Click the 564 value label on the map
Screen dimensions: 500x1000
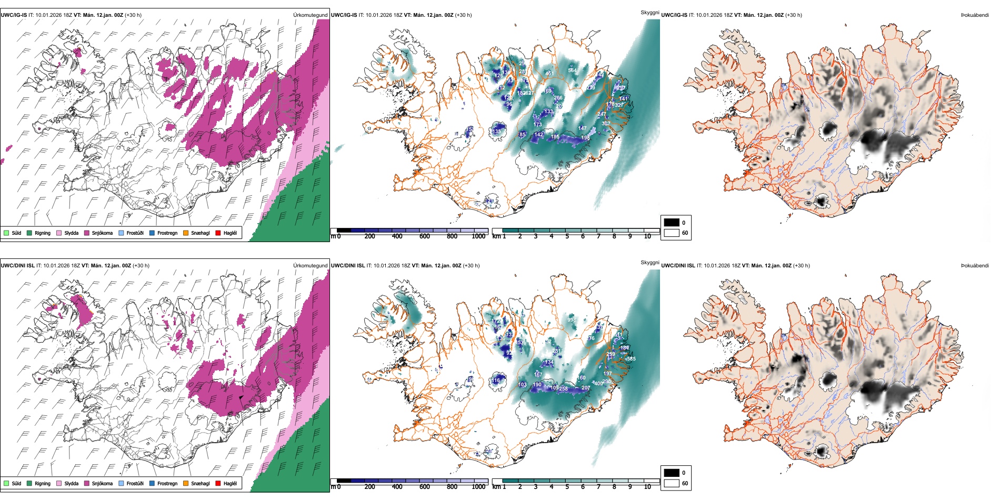572,71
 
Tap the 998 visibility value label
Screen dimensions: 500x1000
572,319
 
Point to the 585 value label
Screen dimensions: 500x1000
631,359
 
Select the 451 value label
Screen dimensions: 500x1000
549,74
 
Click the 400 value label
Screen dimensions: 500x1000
598,384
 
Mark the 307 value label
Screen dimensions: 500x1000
606,124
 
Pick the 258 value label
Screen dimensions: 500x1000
563,389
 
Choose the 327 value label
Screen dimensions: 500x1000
619,105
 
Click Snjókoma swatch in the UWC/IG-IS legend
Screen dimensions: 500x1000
87,233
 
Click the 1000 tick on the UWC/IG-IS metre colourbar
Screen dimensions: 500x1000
478,236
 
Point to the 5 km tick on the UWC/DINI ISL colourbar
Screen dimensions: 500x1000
567,487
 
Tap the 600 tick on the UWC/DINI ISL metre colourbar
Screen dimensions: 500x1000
424,487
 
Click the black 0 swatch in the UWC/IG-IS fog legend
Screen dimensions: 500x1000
672,223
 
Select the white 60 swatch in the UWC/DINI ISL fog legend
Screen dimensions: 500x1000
672,483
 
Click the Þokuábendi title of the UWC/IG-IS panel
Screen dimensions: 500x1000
975,15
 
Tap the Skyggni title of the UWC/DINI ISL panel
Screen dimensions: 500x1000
650,263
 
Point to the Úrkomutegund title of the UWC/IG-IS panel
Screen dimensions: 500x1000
311,15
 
